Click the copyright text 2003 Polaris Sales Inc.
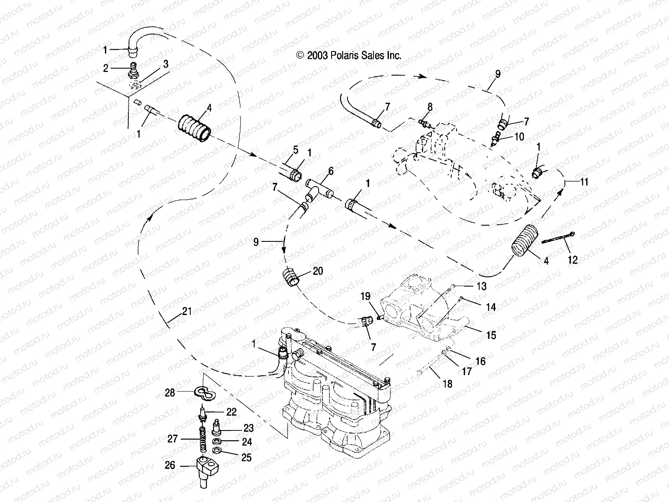(348, 56)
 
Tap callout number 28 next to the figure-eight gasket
(170, 392)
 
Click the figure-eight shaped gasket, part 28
(204, 393)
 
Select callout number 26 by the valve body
(170, 465)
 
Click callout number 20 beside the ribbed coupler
(318, 271)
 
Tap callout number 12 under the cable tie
(572, 260)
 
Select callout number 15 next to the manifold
(491, 335)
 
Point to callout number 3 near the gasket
(166, 64)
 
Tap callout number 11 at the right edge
(584, 182)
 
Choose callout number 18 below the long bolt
(447, 384)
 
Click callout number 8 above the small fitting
(430, 108)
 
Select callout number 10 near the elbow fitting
(519, 137)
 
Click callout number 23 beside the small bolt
(249, 428)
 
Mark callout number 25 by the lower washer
(247, 457)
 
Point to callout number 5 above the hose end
(296, 150)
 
